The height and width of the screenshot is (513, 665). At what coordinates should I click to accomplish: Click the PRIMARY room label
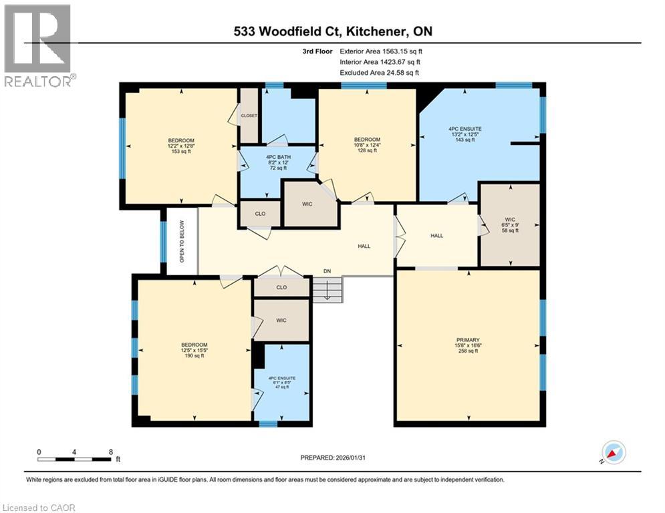468,339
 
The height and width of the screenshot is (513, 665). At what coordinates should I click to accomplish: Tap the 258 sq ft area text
468,351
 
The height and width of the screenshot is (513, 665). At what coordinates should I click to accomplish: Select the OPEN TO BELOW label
181,240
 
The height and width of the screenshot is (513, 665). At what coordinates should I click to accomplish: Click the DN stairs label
326,271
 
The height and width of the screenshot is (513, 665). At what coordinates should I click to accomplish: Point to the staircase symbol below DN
327,290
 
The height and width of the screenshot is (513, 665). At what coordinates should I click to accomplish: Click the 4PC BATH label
277,156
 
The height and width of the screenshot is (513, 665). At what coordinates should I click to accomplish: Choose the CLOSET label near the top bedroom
249,116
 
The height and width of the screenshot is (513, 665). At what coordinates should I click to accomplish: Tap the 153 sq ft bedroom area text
181,152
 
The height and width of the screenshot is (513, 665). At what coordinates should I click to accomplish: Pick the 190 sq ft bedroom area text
194,356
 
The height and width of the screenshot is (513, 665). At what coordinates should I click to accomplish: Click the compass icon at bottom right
614,453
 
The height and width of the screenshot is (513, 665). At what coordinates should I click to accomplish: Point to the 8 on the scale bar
110,452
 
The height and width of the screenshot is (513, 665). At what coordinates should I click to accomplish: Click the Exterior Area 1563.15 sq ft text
381,51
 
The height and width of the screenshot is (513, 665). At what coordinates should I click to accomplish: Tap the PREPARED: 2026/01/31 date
334,458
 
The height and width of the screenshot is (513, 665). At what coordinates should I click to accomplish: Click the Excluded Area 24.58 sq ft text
381,72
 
